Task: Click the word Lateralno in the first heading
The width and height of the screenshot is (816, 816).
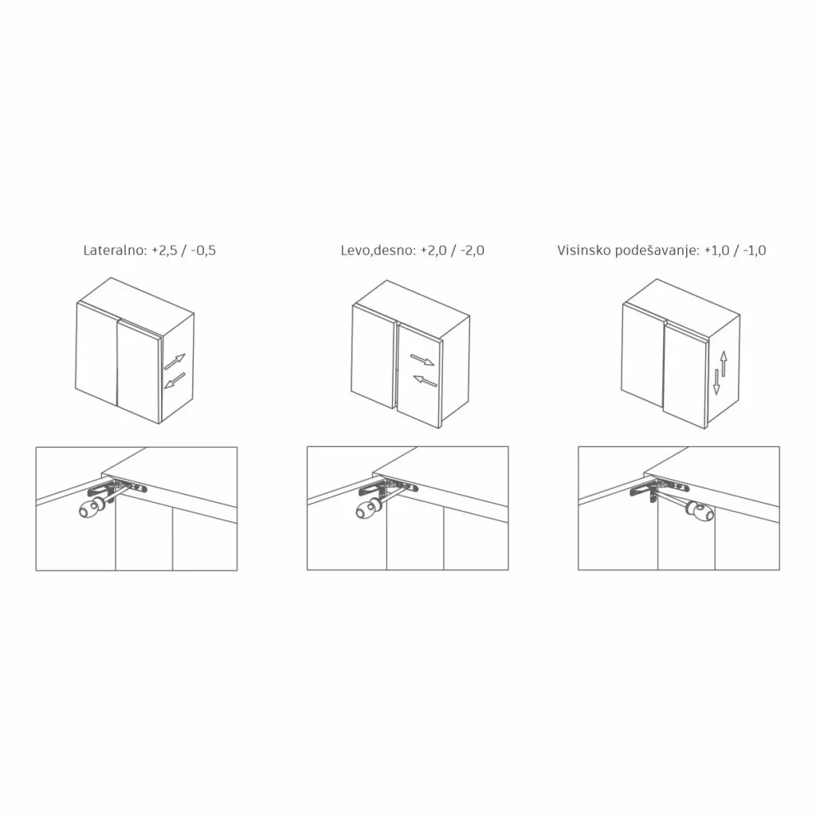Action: [116, 250]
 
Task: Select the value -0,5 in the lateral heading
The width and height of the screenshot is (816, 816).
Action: [203, 250]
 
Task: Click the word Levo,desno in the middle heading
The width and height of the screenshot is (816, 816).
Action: [379, 250]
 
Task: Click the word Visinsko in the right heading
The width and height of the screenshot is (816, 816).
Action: [584, 250]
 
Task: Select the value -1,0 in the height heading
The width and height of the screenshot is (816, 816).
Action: [754, 250]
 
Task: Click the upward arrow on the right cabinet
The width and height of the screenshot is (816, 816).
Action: [724, 363]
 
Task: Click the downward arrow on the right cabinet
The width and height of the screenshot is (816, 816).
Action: [716, 382]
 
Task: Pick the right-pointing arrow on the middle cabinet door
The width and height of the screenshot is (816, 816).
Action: [422, 359]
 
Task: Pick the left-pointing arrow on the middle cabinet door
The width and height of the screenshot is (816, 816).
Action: [426, 381]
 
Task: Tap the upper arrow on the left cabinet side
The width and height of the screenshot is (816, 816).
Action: [175, 362]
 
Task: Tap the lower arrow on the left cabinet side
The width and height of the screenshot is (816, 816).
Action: [175, 380]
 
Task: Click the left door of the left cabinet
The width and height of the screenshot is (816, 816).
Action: [96, 354]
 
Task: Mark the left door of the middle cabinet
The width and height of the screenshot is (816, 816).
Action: [373, 356]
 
